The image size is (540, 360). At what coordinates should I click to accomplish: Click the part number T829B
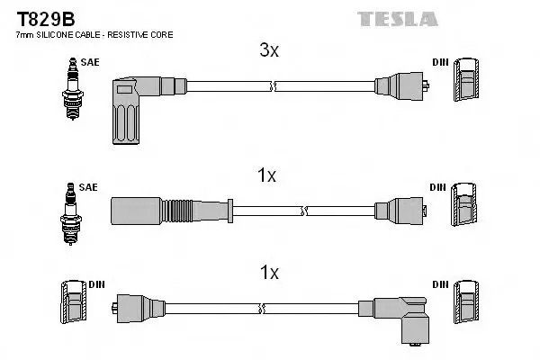click(46, 19)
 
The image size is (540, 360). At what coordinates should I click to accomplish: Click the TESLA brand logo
click(398, 19)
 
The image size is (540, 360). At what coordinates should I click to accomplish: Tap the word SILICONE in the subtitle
click(53, 35)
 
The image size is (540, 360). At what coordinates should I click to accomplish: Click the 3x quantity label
click(269, 50)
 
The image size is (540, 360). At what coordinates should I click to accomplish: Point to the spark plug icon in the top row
click(72, 89)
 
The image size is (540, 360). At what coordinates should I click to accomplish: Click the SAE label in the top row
click(90, 62)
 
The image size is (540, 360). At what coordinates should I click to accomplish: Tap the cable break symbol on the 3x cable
click(273, 86)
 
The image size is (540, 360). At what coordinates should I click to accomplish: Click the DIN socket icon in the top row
click(466, 79)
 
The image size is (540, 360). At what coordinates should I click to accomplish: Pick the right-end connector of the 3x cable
click(402, 86)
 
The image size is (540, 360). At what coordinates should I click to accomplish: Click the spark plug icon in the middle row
click(70, 213)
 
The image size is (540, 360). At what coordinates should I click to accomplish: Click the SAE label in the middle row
click(88, 187)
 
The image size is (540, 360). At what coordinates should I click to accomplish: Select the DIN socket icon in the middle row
click(463, 204)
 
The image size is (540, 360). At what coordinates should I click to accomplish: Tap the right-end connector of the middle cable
click(401, 211)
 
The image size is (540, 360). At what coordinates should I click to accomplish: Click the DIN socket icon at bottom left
click(74, 302)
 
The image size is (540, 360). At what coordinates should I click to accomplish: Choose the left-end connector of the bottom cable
click(139, 309)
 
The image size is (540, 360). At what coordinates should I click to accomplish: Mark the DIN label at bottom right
click(440, 284)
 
